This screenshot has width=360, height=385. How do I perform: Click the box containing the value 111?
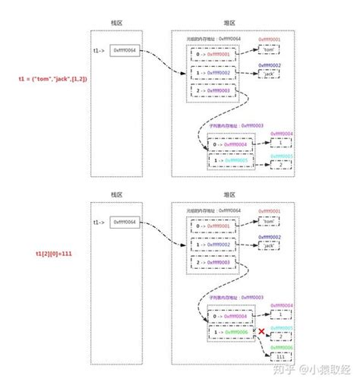coord(283,355)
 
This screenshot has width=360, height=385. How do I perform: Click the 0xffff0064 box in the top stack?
coord(125,51)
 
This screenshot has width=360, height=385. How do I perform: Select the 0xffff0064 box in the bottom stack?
coord(125,222)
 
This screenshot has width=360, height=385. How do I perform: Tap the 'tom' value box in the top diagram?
coord(270,50)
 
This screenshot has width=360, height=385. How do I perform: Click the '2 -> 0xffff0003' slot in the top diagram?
coord(213,90)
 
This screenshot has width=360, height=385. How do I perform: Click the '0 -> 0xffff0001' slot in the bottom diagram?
coord(213,226)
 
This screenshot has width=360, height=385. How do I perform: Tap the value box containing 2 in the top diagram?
coord(283,163)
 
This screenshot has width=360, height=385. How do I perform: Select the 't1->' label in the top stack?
coord(99,51)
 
